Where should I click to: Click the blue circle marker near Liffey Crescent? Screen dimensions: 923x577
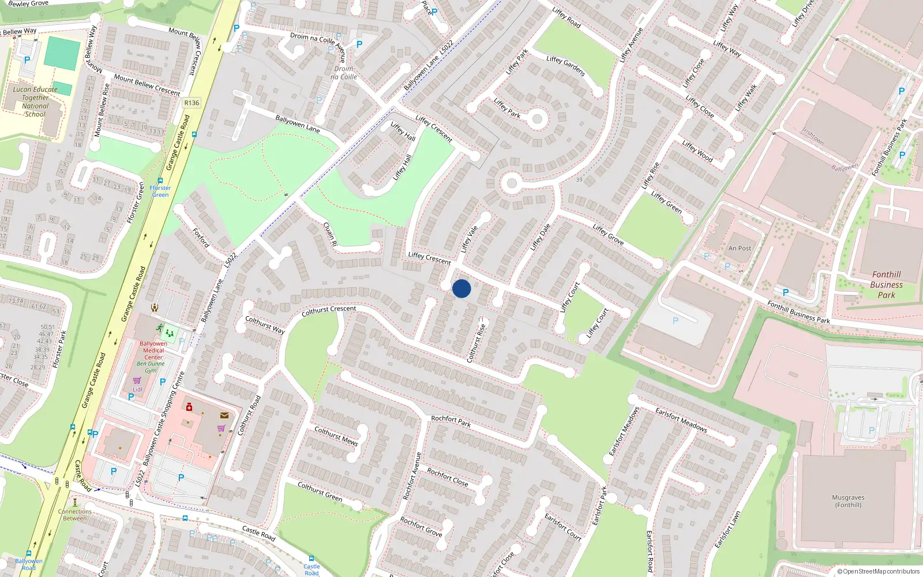pyautogui.click(x=461, y=288)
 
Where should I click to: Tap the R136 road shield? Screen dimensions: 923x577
pyautogui.click(x=192, y=103)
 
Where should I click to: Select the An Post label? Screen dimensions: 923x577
pyautogui.click(x=740, y=249)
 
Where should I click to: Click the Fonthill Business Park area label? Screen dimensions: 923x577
pyautogui.click(x=886, y=284)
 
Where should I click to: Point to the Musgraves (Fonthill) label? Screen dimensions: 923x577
pyautogui.click(x=848, y=501)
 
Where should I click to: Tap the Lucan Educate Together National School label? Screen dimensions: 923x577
pyautogui.click(x=35, y=102)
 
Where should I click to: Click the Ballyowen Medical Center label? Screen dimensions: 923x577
pyautogui.click(x=153, y=350)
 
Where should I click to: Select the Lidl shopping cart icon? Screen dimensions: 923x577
pyautogui.click(x=137, y=380)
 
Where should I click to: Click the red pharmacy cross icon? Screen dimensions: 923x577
pyautogui.click(x=189, y=407)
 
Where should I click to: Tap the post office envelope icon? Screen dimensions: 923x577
pyautogui.click(x=224, y=415)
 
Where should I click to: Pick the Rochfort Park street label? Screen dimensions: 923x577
pyautogui.click(x=451, y=421)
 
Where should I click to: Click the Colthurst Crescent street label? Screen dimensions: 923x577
pyautogui.click(x=329, y=311)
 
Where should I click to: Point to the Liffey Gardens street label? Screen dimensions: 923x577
pyautogui.click(x=565, y=66)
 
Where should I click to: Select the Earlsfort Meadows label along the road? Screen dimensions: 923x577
pyautogui.click(x=681, y=419)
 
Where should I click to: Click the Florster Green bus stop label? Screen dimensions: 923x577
pyautogui.click(x=160, y=191)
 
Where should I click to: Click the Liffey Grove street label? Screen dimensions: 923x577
pyautogui.click(x=608, y=234)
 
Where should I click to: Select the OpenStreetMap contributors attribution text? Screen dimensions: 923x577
pyautogui.click(x=879, y=571)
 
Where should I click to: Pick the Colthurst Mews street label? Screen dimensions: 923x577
pyautogui.click(x=336, y=436)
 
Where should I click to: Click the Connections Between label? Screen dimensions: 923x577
pyautogui.click(x=75, y=515)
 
